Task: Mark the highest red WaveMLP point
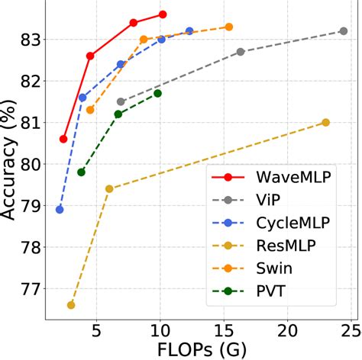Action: (163, 14)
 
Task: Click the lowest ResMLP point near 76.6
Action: (71, 305)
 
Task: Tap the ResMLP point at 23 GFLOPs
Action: (325, 122)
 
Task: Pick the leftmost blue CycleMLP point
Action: (60, 209)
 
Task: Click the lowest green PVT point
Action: (81, 172)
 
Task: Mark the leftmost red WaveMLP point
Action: (63, 139)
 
